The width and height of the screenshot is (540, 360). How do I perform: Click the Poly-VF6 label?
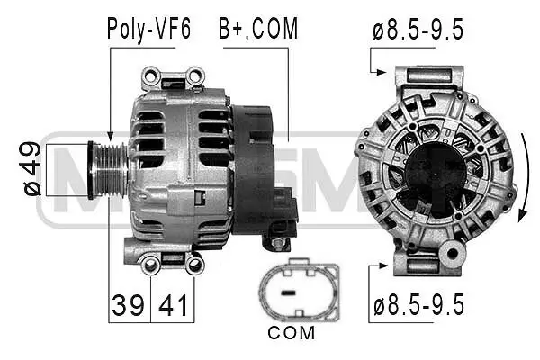point(148,29)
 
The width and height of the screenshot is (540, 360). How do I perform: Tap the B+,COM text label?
point(257,29)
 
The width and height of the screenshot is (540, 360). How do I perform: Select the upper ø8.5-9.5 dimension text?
point(418,29)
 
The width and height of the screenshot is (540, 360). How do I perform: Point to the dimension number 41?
point(174,306)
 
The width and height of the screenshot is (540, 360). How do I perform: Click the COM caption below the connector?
point(292,334)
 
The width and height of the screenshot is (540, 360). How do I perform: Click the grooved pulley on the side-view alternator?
point(105,168)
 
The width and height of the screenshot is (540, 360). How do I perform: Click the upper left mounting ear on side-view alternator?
point(152,76)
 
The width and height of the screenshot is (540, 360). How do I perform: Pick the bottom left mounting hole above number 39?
point(150,263)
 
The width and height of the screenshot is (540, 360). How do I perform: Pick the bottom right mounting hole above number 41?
point(193,263)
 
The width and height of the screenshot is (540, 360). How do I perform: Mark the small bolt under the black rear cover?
point(278,243)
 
